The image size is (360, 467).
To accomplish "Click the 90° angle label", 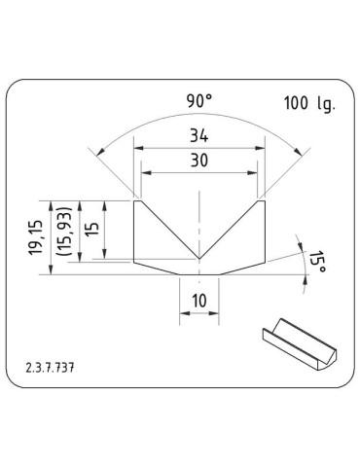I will (200, 99).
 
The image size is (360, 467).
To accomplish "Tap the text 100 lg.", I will (308, 102).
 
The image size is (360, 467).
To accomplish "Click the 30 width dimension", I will (200, 161).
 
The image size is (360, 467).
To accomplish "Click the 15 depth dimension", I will (90, 230).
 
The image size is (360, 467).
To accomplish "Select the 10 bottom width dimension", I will (199, 302).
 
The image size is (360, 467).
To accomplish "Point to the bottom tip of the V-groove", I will (199, 260).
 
